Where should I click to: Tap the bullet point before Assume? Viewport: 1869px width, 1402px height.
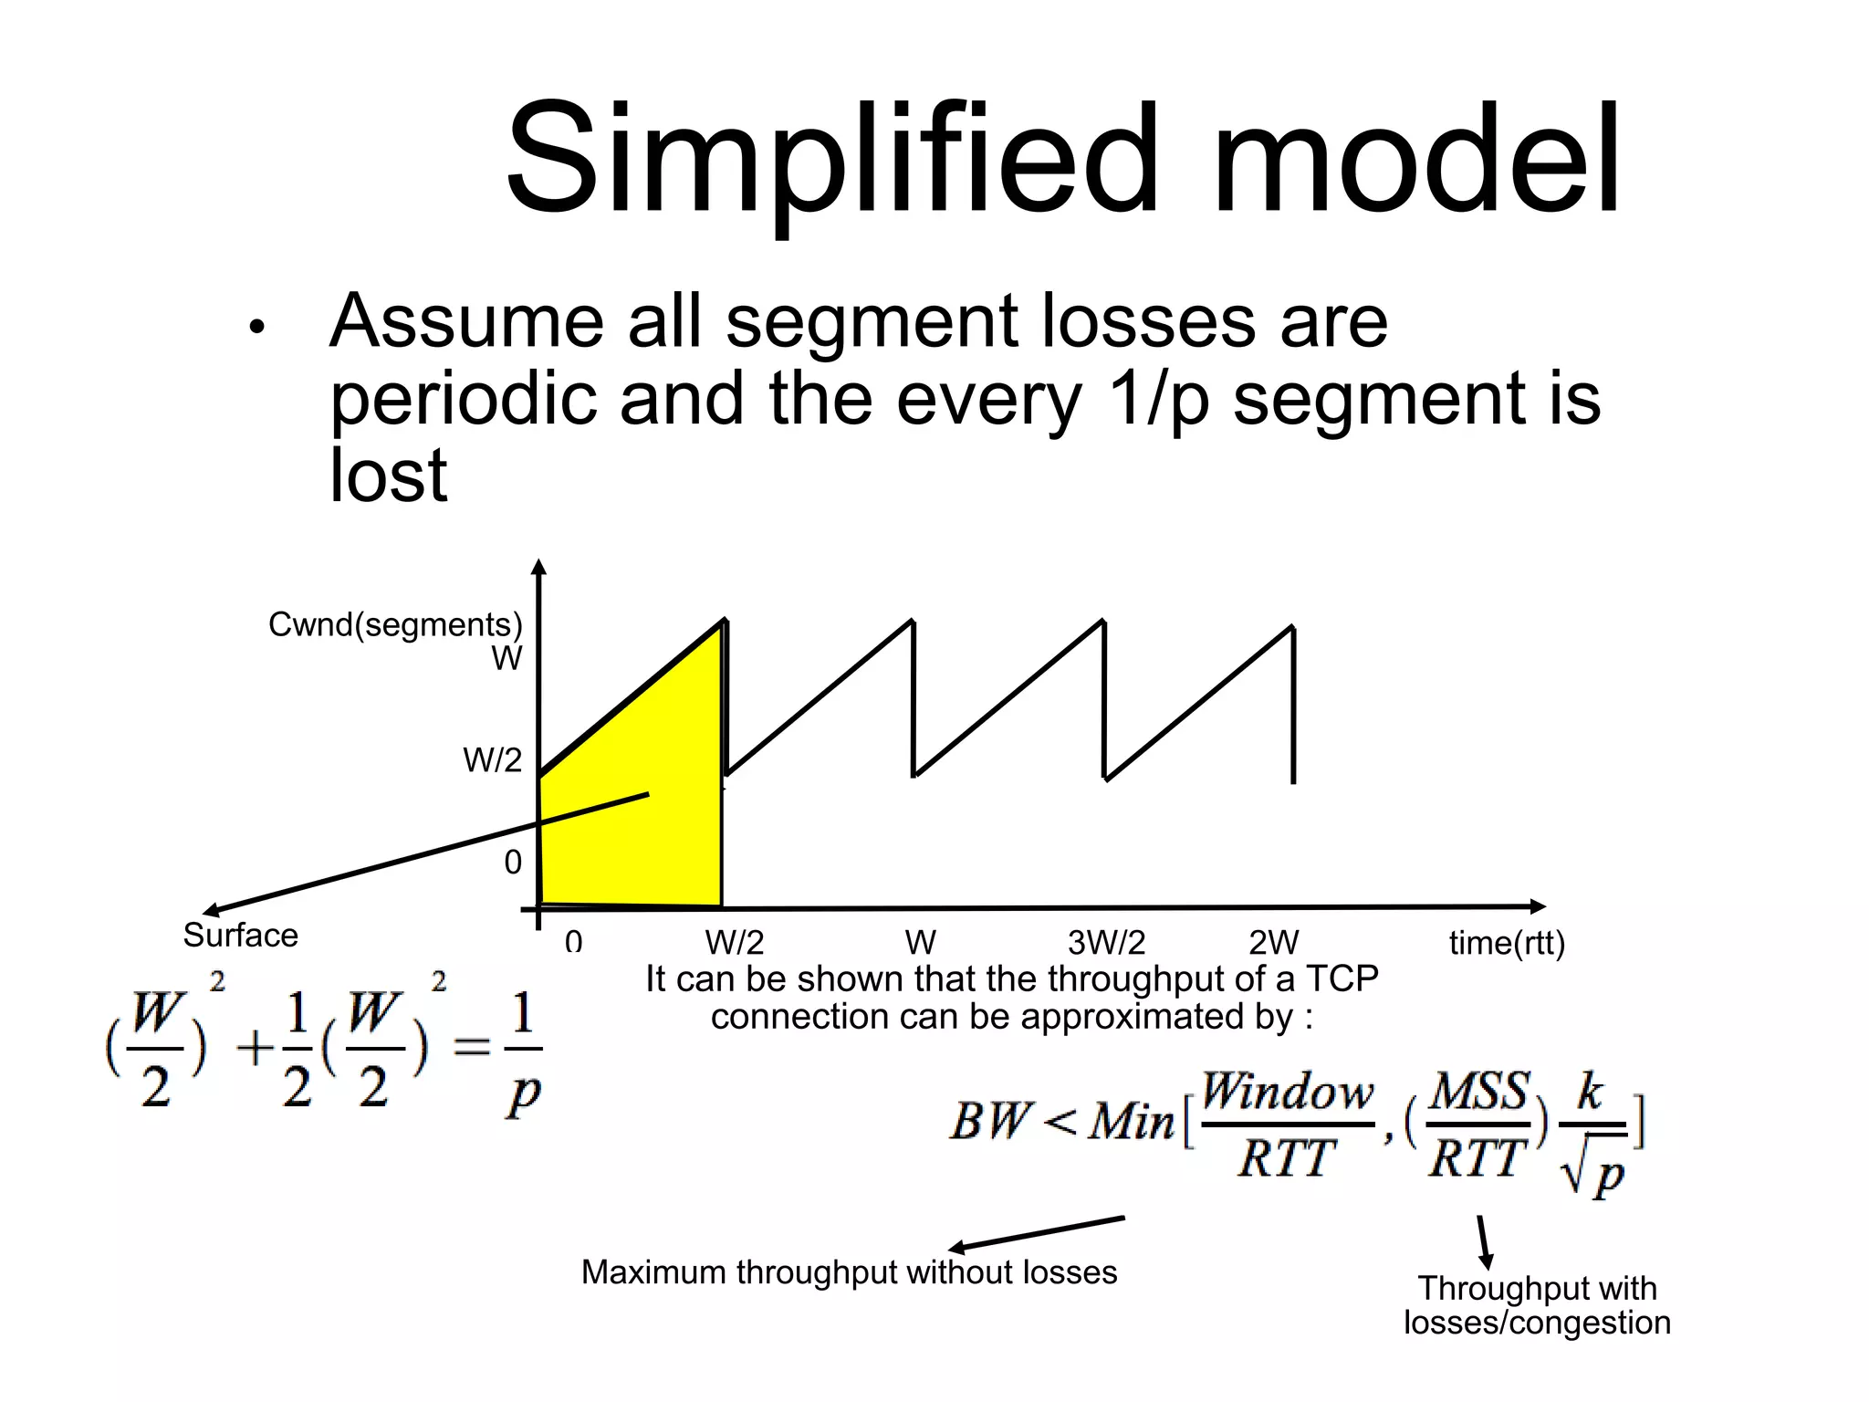click(x=256, y=327)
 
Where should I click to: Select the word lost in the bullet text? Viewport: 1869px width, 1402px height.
click(x=388, y=476)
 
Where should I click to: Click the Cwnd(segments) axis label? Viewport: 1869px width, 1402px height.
click(x=394, y=624)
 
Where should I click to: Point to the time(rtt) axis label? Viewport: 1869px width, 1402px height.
click(x=1507, y=943)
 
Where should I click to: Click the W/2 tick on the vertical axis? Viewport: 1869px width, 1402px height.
click(x=492, y=759)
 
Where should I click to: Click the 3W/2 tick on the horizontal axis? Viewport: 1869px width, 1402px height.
click(x=1106, y=943)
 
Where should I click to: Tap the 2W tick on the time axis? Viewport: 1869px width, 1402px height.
click(x=1273, y=943)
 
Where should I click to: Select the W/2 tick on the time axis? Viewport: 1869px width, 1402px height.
click(x=734, y=943)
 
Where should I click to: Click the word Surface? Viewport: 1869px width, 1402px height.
click(x=240, y=936)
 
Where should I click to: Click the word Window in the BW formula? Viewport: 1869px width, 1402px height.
click(x=1287, y=1092)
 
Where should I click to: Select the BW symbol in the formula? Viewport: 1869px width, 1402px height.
click(x=990, y=1121)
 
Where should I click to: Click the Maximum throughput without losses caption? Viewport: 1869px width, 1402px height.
click(x=849, y=1272)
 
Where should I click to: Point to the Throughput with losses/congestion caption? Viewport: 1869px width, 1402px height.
click(x=1537, y=1305)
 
